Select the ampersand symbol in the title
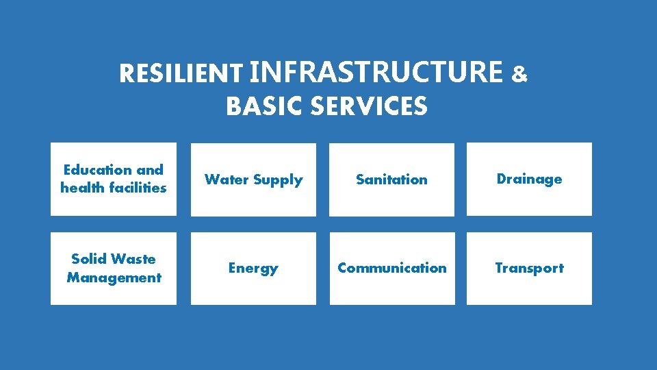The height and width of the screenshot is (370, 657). click(519, 74)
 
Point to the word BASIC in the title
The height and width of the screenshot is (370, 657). click(264, 107)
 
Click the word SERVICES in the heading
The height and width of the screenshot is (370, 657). click(368, 107)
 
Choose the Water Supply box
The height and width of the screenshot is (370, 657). click(253, 180)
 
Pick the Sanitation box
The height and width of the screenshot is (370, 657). click(391, 180)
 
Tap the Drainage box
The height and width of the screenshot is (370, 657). click(529, 179)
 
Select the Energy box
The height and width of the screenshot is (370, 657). click(253, 268)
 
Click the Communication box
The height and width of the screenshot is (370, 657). click(391, 268)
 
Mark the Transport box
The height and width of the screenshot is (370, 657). click(529, 268)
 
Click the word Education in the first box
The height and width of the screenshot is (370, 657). click(98, 170)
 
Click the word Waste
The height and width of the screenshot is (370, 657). click(133, 259)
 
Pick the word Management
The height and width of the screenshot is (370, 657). click(114, 277)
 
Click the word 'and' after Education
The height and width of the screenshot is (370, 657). click(150, 170)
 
